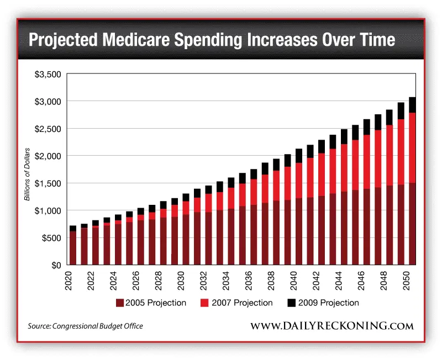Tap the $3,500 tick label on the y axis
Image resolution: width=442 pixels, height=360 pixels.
pyautogui.click(x=48, y=74)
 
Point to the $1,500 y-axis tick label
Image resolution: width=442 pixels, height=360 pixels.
pyautogui.click(x=48, y=183)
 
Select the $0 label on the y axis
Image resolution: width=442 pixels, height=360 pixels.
pyautogui.click(x=55, y=265)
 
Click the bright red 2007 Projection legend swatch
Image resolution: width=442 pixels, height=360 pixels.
pyautogui.click(x=206, y=303)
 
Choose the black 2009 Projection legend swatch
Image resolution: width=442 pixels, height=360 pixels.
pyautogui.click(x=291, y=303)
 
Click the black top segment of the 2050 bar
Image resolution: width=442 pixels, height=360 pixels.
pyautogui.click(x=412, y=105)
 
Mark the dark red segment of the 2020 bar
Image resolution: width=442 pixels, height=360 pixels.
pyautogui.click(x=73, y=248)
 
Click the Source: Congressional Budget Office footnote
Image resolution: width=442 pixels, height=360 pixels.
pyautogui.click(x=85, y=326)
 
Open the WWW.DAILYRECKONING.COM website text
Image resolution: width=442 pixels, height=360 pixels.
pyautogui.click(x=331, y=326)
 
